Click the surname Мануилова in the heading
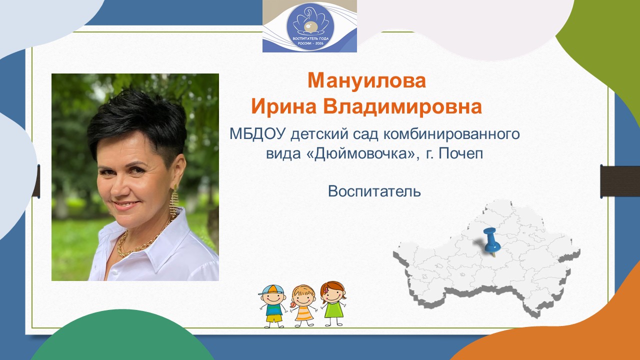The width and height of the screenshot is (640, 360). (366, 80)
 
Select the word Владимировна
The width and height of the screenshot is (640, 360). (402, 106)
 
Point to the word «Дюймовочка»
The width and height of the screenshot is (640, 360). (360, 154)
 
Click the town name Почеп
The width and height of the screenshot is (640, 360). (460, 154)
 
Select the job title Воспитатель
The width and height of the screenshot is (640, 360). (374, 191)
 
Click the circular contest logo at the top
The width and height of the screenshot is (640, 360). (310, 27)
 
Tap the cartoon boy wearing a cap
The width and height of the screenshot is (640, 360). (272, 305)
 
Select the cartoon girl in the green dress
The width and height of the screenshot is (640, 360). (333, 303)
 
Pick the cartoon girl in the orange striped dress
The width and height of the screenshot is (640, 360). (303, 305)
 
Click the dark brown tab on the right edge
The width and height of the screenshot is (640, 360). (620, 181)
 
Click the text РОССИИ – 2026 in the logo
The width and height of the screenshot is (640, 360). (310, 43)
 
